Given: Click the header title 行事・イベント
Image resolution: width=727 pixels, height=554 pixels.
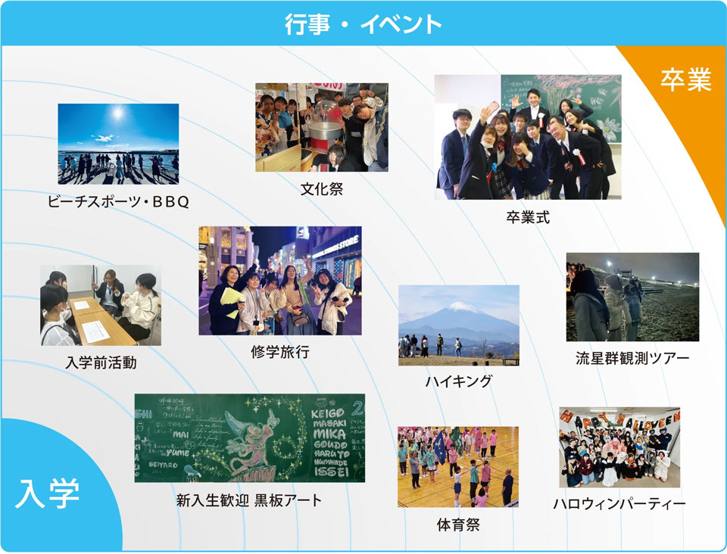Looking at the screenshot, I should [363, 23].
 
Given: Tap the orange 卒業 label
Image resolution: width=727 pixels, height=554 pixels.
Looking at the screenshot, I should [685, 80].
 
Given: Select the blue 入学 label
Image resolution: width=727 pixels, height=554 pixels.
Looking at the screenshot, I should [47, 496].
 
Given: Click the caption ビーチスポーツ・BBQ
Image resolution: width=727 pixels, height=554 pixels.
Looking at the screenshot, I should [117, 202].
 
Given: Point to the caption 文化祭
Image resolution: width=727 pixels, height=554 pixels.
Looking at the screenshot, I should [321, 189].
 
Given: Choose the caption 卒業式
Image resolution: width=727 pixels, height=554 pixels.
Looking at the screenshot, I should [528, 217].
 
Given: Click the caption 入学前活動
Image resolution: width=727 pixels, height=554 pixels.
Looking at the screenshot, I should [101, 363].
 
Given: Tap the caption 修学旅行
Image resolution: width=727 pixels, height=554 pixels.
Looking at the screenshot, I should [279, 352].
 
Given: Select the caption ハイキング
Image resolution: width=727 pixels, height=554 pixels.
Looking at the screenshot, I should [458, 381].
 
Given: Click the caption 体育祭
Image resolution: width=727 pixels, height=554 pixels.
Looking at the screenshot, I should [458, 524].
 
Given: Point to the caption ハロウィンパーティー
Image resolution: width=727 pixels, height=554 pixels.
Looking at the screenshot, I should [619, 503].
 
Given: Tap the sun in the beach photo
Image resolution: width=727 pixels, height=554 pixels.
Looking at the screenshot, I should [117, 114].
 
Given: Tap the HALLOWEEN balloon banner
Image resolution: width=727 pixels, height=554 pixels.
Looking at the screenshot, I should [619, 419].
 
